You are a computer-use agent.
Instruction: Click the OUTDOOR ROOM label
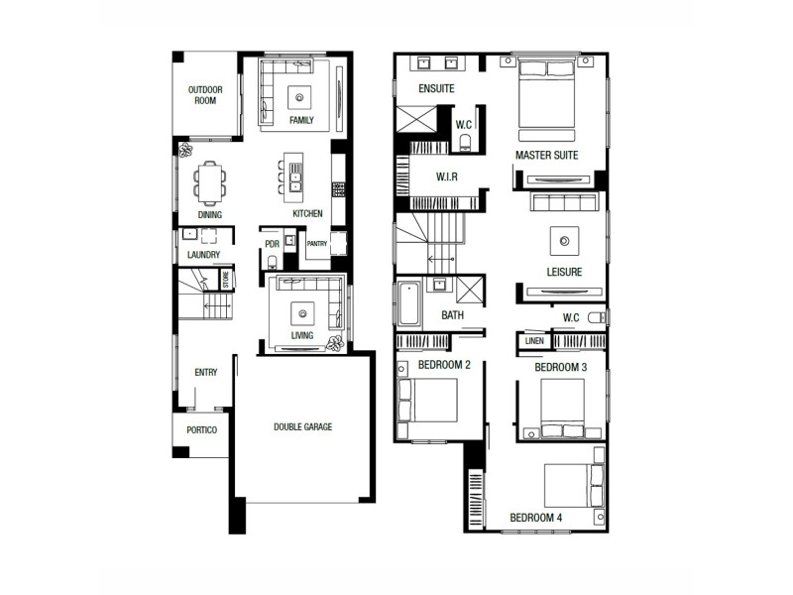[206, 95]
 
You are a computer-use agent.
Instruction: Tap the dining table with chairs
[209, 182]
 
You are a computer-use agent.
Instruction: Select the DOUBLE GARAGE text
[303, 427]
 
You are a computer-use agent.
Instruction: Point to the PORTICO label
[201, 430]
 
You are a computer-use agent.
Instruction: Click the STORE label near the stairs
[226, 279]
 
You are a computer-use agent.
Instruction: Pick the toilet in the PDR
[272, 262]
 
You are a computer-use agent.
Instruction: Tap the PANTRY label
[317, 244]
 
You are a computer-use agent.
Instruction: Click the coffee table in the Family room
[301, 96]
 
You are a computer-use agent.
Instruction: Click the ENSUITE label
[436, 89]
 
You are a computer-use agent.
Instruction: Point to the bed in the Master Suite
[547, 93]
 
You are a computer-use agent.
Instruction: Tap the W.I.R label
[446, 177]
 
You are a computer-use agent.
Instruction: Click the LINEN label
[534, 342]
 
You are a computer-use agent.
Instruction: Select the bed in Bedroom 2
[428, 401]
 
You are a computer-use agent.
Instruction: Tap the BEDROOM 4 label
[536, 518]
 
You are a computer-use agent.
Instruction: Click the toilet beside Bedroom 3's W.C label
[596, 318]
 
